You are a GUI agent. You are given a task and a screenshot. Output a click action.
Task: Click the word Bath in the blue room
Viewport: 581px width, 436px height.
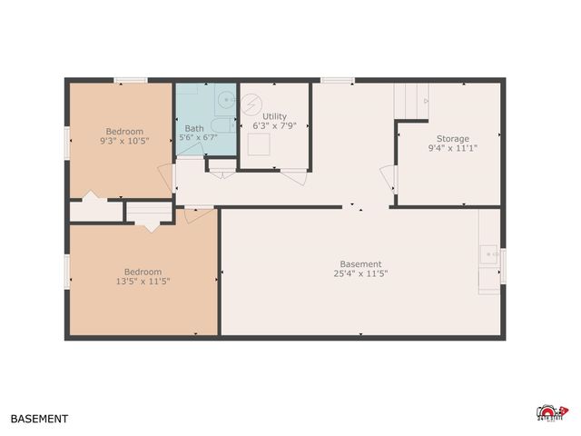(x=194, y=128)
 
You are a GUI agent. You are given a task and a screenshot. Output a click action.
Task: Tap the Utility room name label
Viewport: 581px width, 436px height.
(x=274, y=116)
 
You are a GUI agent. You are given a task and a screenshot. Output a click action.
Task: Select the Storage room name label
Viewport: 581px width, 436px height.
(x=452, y=139)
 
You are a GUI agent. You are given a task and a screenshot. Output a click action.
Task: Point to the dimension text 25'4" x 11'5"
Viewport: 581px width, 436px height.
(x=361, y=273)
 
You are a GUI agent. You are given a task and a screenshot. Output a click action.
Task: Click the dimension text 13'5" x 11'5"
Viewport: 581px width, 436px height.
(x=143, y=281)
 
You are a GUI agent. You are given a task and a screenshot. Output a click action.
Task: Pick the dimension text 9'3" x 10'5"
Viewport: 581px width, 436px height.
(x=124, y=141)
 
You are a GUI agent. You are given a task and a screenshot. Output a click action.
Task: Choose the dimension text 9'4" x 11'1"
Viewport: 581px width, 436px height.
(x=452, y=148)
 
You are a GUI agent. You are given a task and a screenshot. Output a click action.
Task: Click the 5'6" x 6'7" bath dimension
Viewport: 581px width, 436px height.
(x=197, y=137)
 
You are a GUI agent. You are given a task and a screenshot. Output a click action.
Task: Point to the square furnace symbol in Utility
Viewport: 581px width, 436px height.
(x=259, y=145)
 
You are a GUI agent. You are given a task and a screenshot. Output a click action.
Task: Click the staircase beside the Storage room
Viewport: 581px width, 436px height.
(x=409, y=100)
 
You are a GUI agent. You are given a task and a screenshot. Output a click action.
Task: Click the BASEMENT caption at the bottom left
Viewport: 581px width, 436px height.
(x=39, y=420)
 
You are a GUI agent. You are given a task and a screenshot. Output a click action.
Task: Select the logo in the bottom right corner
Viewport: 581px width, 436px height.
(x=552, y=413)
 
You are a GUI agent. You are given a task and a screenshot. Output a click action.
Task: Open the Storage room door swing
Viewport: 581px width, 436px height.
(x=389, y=177)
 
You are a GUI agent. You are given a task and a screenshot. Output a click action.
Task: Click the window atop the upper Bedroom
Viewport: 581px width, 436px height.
(x=131, y=80)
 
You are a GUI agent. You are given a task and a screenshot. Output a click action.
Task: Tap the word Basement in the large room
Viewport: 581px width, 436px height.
(x=361, y=264)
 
